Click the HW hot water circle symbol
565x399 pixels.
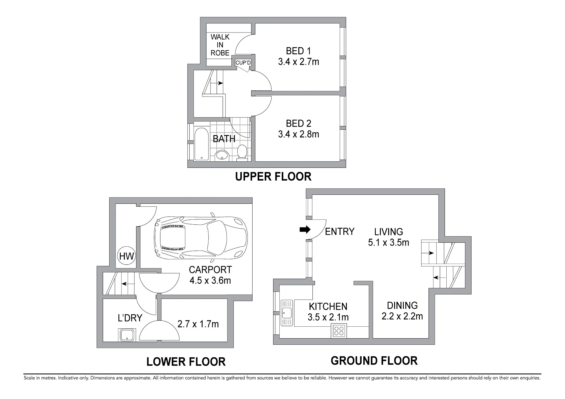(x=126, y=256)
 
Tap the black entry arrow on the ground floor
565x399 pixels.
(x=305, y=230)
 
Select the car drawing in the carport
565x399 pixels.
(x=201, y=238)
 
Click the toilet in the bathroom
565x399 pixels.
(x=242, y=152)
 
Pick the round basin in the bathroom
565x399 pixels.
(x=222, y=155)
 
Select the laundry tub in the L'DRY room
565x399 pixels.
(x=127, y=335)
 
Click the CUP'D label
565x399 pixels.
(x=243, y=62)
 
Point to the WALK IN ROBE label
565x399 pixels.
(x=220, y=45)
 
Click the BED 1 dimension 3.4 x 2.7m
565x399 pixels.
(x=299, y=62)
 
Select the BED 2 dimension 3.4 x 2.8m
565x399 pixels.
(x=299, y=134)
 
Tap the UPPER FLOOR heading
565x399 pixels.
(x=273, y=177)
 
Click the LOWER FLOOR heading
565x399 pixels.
(x=186, y=362)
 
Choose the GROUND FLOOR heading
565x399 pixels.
(x=374, y=361)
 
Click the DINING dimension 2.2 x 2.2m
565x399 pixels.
(x=402, y=316)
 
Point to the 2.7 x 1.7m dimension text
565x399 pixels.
(x=198, y=324)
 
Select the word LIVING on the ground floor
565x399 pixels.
(x=389, y=232)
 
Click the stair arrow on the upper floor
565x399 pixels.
(x=217, y=83)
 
